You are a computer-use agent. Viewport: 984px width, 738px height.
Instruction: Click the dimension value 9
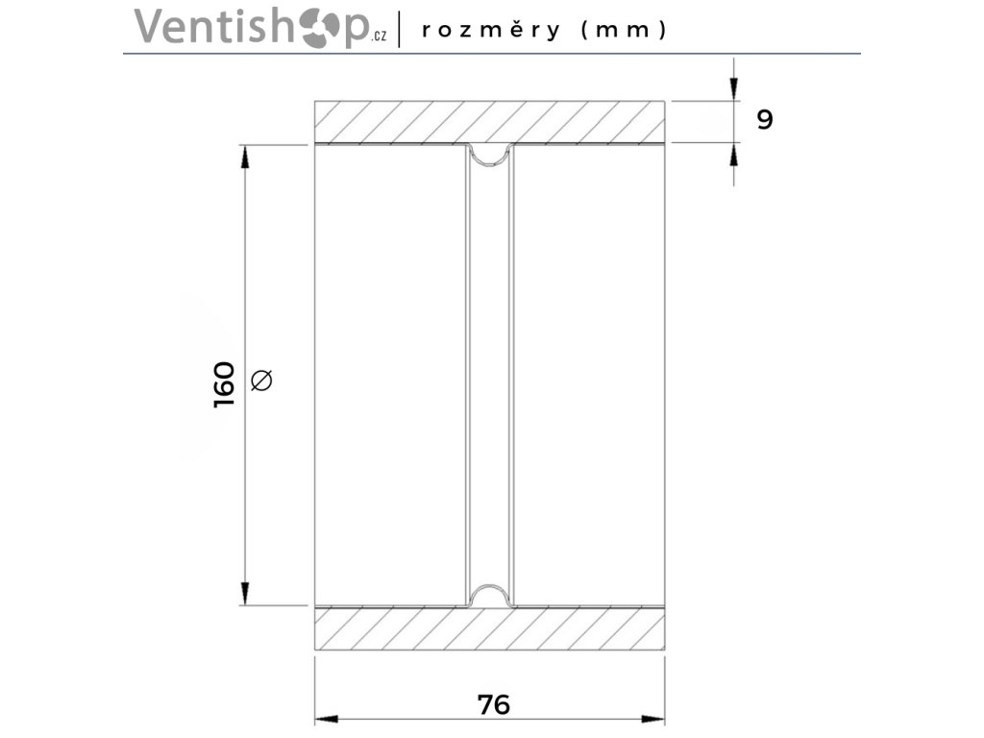pos(764,120)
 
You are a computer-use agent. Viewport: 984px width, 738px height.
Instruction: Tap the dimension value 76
pos(493,704)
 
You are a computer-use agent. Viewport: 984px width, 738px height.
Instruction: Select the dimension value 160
pos(224,384)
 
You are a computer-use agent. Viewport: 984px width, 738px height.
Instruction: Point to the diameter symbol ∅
pos(261,381)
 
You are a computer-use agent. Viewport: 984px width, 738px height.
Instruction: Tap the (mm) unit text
pos(624,30)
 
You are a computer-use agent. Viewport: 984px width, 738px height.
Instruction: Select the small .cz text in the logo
pos(380,37)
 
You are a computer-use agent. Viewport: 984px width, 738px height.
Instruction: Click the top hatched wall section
pos(490,122)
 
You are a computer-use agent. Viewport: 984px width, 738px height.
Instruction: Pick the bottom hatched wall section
pos(490,628)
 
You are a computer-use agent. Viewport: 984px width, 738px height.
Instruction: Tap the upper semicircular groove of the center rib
pos(490,154)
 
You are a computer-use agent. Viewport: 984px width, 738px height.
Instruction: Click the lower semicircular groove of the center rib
pos(490,597)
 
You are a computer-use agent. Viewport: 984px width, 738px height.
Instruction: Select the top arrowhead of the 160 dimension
pos(245,157)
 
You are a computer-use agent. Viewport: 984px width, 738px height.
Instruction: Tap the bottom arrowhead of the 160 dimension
pos(245,594)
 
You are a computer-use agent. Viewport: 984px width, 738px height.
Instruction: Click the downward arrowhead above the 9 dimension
pos(734,89)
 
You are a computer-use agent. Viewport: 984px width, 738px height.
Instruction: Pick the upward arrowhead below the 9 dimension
pos(734,154)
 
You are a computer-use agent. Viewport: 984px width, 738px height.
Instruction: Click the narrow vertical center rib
pos(490,375)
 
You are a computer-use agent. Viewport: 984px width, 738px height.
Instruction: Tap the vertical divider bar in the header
pos(399,28)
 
